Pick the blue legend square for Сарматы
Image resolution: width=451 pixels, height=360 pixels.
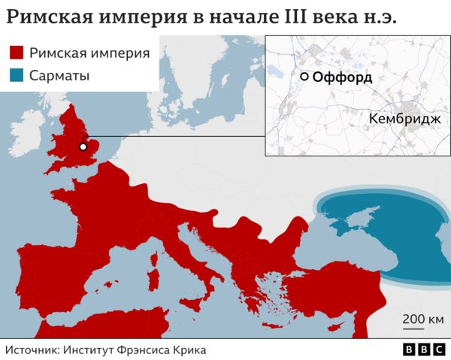18,76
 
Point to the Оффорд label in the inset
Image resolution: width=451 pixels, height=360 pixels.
342,77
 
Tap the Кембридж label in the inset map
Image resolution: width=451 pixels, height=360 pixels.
404,119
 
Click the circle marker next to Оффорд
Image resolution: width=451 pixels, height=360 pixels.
304,77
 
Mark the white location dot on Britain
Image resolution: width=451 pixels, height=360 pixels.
83,147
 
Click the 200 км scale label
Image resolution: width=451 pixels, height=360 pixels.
423,319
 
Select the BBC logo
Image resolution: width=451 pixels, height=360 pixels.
423,349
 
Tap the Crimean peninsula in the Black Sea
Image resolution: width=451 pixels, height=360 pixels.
342,217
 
